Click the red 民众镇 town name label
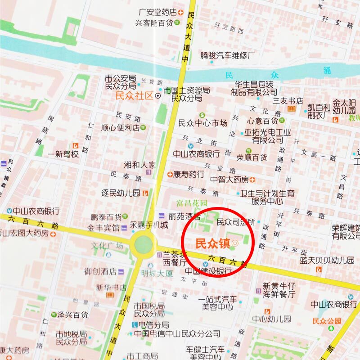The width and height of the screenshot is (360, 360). tap(212, 243)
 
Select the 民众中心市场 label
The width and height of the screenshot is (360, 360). tap(203, 123)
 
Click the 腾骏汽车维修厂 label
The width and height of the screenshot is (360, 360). tap(228, 56)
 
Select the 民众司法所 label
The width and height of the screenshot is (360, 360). tap(236, 222)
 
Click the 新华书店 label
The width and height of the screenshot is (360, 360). tap(111, 287)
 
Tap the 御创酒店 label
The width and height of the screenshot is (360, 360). tap(100, 271)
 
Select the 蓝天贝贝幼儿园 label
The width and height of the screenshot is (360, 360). tap(328, 260)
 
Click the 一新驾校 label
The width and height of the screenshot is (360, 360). tap(63, 154)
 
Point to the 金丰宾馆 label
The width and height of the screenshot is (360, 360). tap(103, 228)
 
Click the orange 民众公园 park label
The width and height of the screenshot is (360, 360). tap(327, 321)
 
